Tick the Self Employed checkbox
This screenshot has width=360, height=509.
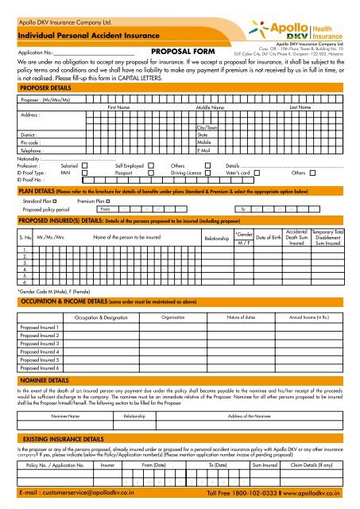tap(152, 165)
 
